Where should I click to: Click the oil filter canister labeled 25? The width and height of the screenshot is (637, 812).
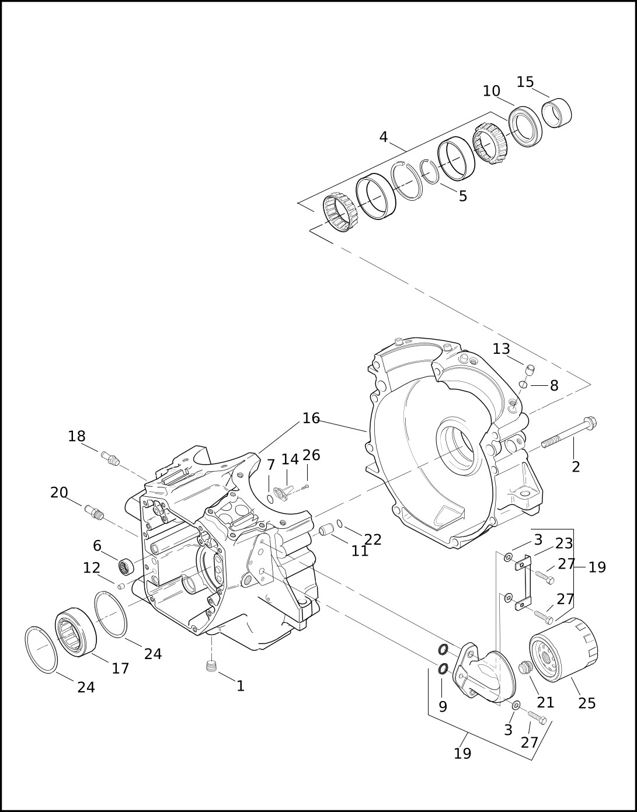pos(563,650)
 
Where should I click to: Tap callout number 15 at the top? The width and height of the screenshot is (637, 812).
pos(525,82)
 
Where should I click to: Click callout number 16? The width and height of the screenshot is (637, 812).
pos(311,418)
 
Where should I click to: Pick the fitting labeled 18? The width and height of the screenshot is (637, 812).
pos(110,458)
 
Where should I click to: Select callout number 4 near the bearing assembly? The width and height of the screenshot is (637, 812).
pos(384,137)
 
